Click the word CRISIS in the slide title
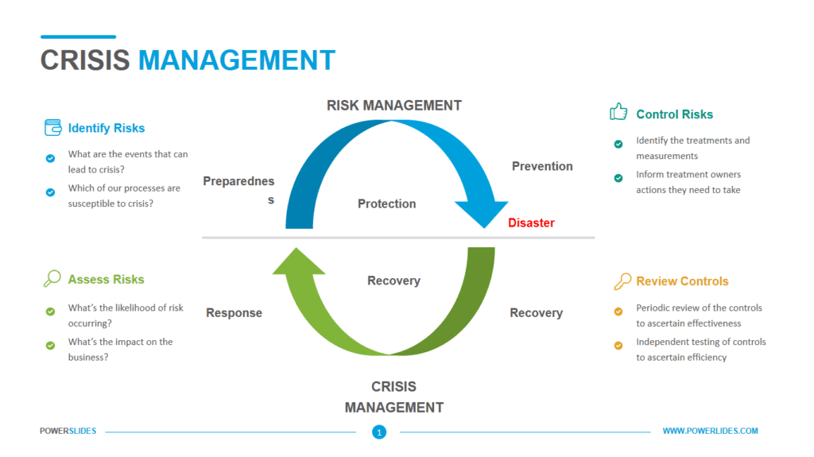pos(85,60)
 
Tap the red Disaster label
pos(531,223)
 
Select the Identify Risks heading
pos(107,128)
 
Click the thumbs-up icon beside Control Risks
pos(618,112)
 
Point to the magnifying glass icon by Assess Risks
pos(52,278)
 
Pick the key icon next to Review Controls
pos(622,281)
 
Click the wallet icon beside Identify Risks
pos(52,127)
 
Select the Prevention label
pos(542,166)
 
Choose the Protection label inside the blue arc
pos(386,203)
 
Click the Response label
pos(234,313)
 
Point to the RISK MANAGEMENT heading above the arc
pos(394,105)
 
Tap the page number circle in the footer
pos(379,432)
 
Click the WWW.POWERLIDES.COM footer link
pos(710,431)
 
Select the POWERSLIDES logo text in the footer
pos(68,431)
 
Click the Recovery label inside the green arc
pos(393,281)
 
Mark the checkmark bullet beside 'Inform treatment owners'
pos(618,178)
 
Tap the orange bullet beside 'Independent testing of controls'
pos(618,345)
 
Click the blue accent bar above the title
pos(78,37)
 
